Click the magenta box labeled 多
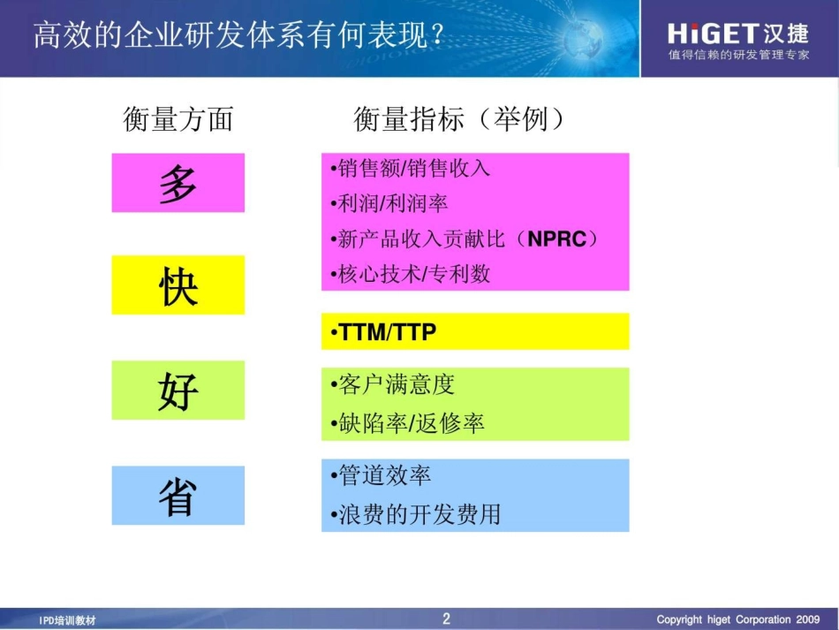point(178,183)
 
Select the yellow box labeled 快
point(178,285)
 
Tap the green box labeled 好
point(178,390)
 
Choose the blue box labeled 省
point(178,496)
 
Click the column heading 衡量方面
point(178,118)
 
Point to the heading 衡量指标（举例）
point(459,118)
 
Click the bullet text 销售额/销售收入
point(409,168)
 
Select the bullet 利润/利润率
point(389,203)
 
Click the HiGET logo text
point(714,34)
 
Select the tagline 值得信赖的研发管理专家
point(738,56)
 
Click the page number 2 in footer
point(446,619)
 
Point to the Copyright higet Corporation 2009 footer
point(738,619)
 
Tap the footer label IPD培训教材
point(68,620)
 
